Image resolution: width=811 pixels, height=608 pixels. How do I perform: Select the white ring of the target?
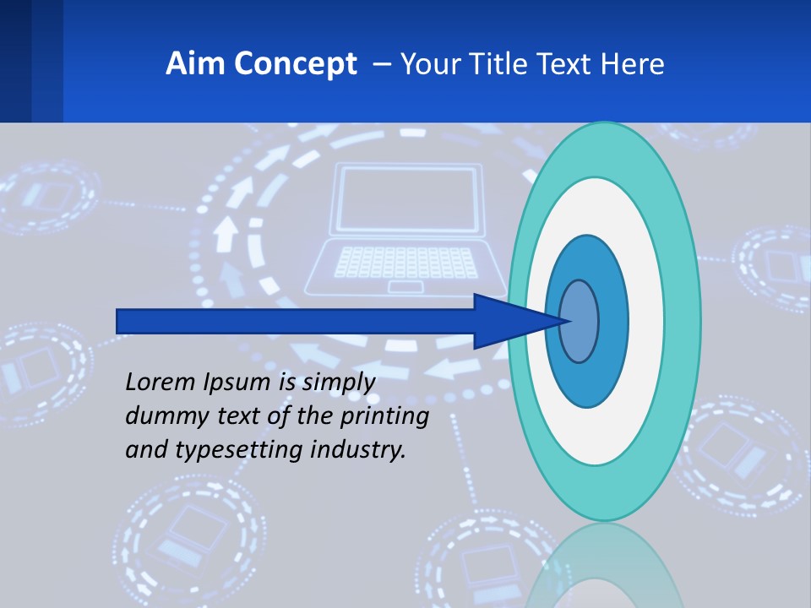[x=646, y=321]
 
